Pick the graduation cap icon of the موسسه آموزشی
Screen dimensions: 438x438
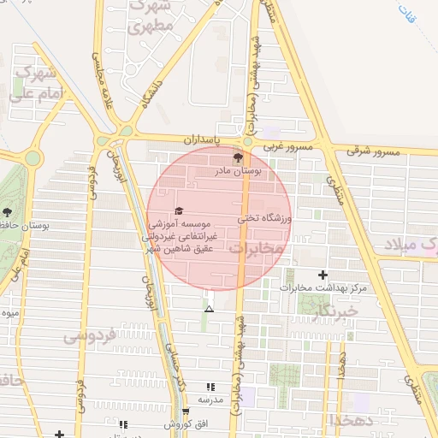[x=179, y=210]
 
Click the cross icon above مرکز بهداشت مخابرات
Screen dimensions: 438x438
[x=323, y=275]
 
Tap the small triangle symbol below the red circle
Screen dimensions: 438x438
[x=210, y=308]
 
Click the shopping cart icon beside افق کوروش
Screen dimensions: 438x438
[x=185, y=412]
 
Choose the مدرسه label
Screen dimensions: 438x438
[x=210, y=400]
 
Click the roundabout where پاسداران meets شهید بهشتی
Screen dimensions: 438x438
[x=246, y=141]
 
